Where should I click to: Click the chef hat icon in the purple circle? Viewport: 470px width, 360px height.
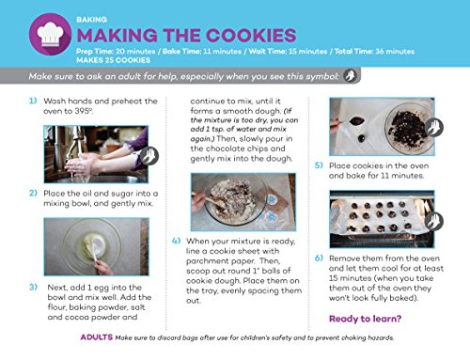(x=50, y=34)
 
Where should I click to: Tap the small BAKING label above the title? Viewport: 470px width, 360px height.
(x=91, y=20)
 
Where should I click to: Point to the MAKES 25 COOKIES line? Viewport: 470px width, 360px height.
(x=113, y=60)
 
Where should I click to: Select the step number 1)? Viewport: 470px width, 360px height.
(x=33, y=101)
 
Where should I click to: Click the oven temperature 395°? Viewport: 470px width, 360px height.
(x=84, y=111)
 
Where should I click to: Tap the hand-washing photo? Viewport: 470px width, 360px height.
(x=96, y=154)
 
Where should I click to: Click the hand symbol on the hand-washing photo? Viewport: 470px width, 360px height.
(x=149, y=156)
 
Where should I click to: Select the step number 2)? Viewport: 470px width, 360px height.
(x=33, y=193)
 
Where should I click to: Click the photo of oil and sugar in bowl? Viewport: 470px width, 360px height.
(x=97, y=246)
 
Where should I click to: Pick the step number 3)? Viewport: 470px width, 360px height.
(x=33, y=287)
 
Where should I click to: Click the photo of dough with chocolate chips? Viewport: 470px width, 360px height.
(x=243, y=202)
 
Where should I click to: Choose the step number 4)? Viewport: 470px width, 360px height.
(x=176, y=241)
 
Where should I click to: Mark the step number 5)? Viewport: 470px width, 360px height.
(x=319, y=165)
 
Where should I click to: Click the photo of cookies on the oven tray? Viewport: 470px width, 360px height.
(x=382, y=219)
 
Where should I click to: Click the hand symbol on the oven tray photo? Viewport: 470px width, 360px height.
(x=434, y=221)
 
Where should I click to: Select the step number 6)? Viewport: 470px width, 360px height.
(x=319, y=258)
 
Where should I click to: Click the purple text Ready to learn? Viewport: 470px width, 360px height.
(x=365, y=319)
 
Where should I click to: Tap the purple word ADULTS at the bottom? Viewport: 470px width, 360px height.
(x=97, y=337)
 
